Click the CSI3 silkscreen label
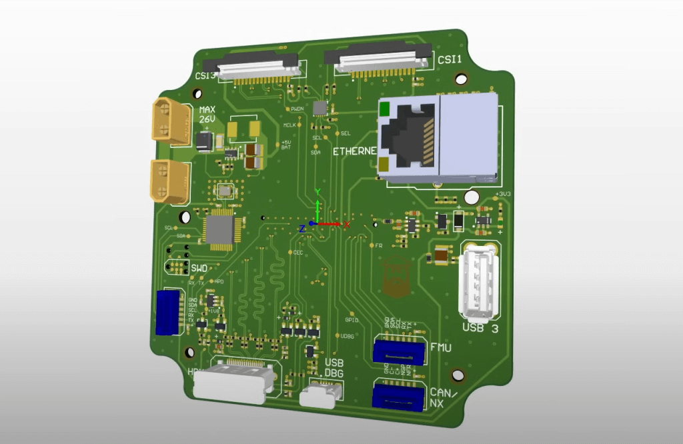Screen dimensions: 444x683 click(205, 75)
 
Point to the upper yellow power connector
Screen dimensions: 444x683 click(171, 121)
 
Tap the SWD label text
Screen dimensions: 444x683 click(199, 268)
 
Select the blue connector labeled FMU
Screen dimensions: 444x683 click(399, 351)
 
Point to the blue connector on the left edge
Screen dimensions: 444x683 click(167, 313)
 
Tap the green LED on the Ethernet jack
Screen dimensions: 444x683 click(385, 107)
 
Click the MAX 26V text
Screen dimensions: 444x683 click(207, 114)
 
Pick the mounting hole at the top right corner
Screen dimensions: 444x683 click(460, 79)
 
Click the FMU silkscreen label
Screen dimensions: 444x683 click(442, 347)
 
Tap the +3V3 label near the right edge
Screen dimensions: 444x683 click(503, 194)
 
